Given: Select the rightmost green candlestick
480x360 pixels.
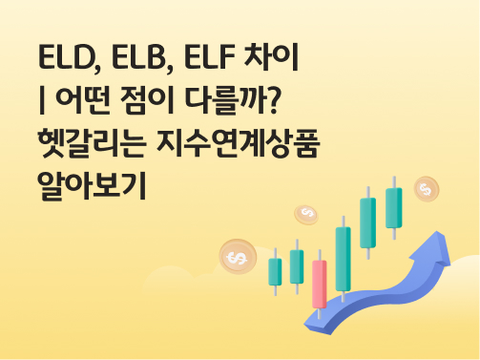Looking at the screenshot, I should coord(393,207).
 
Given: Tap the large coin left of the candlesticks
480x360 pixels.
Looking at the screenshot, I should coord(237,256).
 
